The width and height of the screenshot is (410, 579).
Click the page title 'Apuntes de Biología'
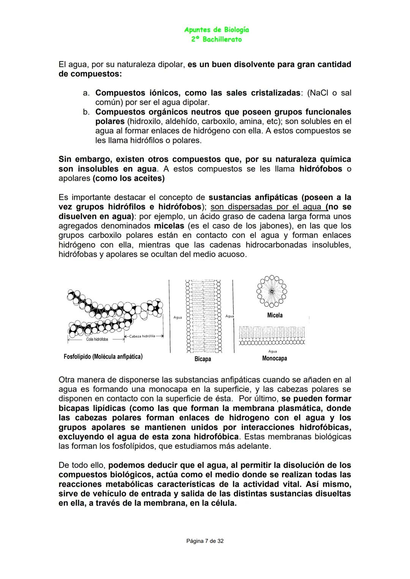click(x=216, y=30)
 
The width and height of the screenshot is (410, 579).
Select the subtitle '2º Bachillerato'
click(x=216, y=39)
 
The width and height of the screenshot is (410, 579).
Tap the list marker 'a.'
click(x=86, y=93)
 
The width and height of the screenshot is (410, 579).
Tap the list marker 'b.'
click(x=86, y=112)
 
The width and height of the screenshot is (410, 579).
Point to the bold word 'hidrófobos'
click(x=320, y=169)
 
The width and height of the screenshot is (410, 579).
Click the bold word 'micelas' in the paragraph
click(x=169, y=226)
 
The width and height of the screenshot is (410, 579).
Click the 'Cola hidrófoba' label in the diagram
click(x=97, y=339)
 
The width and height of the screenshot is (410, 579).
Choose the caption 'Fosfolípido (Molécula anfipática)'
click(x=103, y=356)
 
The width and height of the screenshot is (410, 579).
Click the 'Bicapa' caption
click(x=203, y=359)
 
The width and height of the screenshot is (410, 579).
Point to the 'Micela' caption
click(x=275, y=315)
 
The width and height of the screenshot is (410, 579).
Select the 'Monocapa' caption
click(x=274, y=358)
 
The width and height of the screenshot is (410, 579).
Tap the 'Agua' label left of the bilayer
click(x=178, y=317)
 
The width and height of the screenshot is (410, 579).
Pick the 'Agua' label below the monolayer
click(x=273, y=351)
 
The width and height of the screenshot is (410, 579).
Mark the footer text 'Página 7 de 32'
click(x=205, y=541)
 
